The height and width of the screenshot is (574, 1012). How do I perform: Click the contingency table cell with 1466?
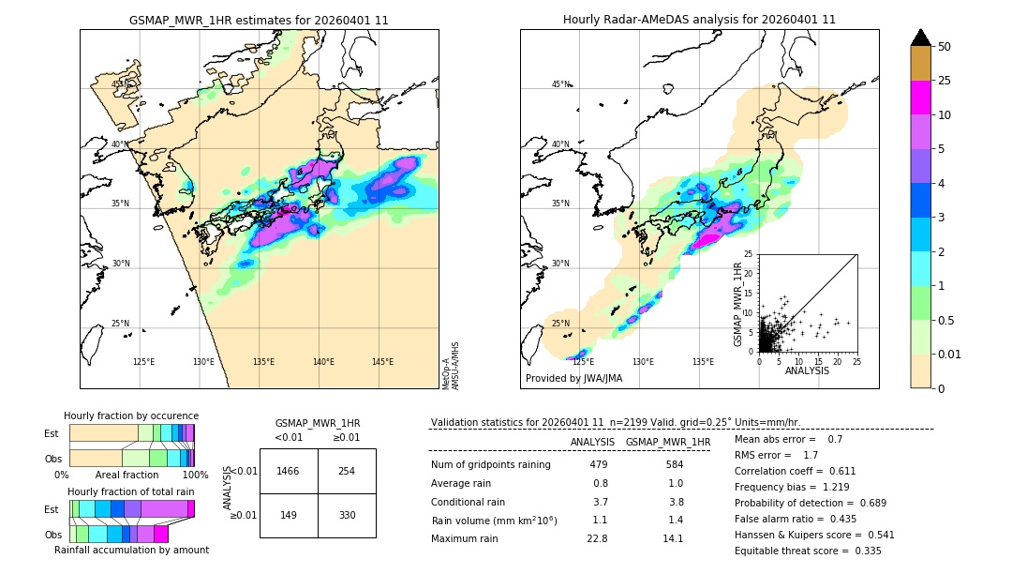(x=289, y=471)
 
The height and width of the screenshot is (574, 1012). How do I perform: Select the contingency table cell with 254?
(x=347, y=471)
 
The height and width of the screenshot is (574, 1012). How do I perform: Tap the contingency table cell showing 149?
(x=289, y=515)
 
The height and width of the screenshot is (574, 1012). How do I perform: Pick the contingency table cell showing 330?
(x=347, y=515)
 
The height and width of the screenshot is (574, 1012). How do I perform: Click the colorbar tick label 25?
(x=945, y=81)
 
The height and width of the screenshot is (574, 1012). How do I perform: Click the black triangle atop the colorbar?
(x=921, y=38)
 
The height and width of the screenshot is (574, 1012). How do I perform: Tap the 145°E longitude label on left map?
(x=382, y=362)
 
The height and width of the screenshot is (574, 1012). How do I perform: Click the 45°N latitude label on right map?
(x=560, y=84)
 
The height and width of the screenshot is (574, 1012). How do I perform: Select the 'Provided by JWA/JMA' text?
(x=573, y=378)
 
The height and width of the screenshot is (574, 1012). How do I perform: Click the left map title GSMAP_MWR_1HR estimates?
(x=259, y=20)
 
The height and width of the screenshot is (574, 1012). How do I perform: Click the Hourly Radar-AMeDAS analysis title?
(x=699, y=20)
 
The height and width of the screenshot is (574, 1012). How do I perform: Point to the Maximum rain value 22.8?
(x=598, y=538)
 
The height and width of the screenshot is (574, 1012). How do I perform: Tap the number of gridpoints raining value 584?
(x=674, y=464)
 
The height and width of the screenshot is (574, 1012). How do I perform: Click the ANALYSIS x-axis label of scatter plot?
(x=807, y=370)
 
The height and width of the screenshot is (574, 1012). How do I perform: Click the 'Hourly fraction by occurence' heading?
(x=131, y=415)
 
